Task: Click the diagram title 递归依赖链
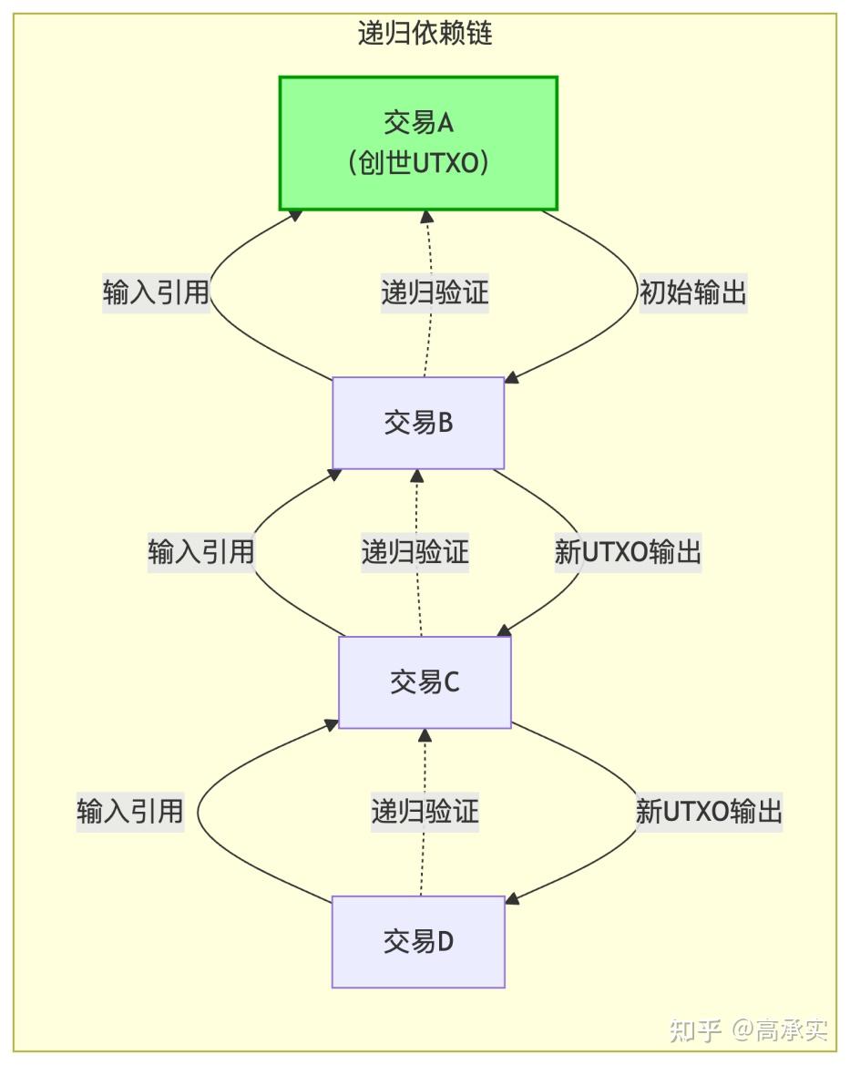pos(425,34)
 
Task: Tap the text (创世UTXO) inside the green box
pos(418,164)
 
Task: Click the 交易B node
pos(418,423)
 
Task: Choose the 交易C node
pos(425,681)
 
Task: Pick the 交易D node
pos(418,941)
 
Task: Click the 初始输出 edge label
pos(693,293)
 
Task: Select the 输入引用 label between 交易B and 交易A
pos(156,293)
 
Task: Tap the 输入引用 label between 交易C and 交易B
pos(200,552)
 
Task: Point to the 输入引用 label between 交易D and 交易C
pos(130,811)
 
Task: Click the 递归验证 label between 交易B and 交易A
pos(435,293)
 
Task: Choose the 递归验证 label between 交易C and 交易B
pos(415,552)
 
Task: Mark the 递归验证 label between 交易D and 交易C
pos(425,811)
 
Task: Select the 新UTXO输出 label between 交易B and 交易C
pos(628,552)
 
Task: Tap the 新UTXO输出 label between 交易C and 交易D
pos(709,811)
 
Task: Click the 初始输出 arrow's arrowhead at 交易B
pos(512,377)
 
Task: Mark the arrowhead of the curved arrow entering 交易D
pos(512,898)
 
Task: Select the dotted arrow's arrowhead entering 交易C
pos(424,735)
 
